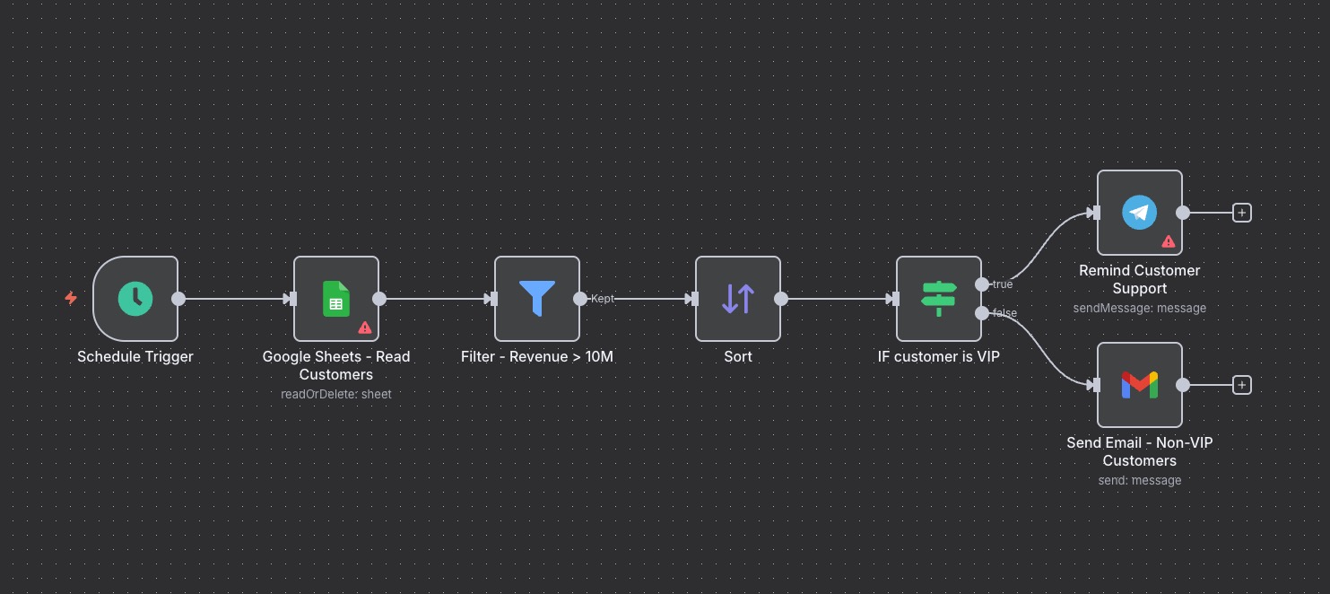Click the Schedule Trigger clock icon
[x=135, y=299]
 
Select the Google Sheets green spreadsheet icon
[x=336, y=299]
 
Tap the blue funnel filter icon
[x=537, y=299]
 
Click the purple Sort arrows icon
[x=738, y=299]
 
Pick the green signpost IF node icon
[x=939, y=299]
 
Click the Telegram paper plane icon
[x=1140, y=213]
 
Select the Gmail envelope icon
[x=1140, y=385]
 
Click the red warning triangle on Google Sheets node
[x=365, y=328]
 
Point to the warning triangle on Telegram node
[x=1169, y=241]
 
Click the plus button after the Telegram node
[x=1242, y=213]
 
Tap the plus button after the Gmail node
[x=1242, y=385]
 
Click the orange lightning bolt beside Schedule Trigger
[x=71, y=298]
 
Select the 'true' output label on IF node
[x=1003, y=284]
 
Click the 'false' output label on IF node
[x=1004, y=313]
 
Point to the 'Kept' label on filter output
[x=603, y=299]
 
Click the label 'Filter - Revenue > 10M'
[x=537, y=356]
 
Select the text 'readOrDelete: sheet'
[x=336, y=394]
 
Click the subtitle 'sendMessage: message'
[x=1140, y=308]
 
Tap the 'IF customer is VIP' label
[x=939, y=356]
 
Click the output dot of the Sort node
[x=781, y=299]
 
